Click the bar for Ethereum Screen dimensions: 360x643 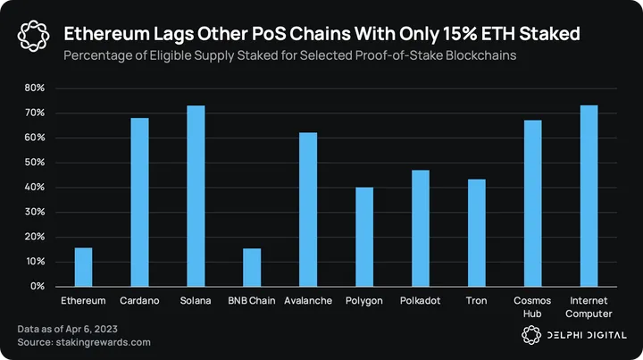pyautogui.click(x=83, y=267)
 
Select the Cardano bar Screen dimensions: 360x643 pyautogui.click(x=139, y=202)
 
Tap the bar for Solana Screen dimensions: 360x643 pyautogui.click(x=196, y=196)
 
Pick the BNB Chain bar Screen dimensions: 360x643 pyautogui.click(x=252, y=267)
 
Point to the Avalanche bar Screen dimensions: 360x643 pyautogui.click(x=308, y=209)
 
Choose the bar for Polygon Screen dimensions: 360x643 pyautogui.click(x=364, y=237)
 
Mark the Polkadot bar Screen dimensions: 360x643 pyautogui.click(x=420, y=228)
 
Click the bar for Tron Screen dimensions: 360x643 pyautogui.click(x=476, y=233)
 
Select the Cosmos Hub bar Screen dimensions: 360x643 pyautogui.click(x=532, y=203)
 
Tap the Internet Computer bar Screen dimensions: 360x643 pyautogui.click(x=589, y=196)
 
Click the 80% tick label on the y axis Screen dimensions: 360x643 pyautogui.click(x=34, y=88)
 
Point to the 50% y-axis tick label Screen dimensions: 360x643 pyautogui.click(x=34, y=163)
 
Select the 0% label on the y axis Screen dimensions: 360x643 pyautogui.click(x=37, y=287)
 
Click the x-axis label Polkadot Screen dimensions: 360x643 pyautogui.click(x=420, y=301)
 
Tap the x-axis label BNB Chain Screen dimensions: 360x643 pyautogui.click(x=252, y=301)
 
